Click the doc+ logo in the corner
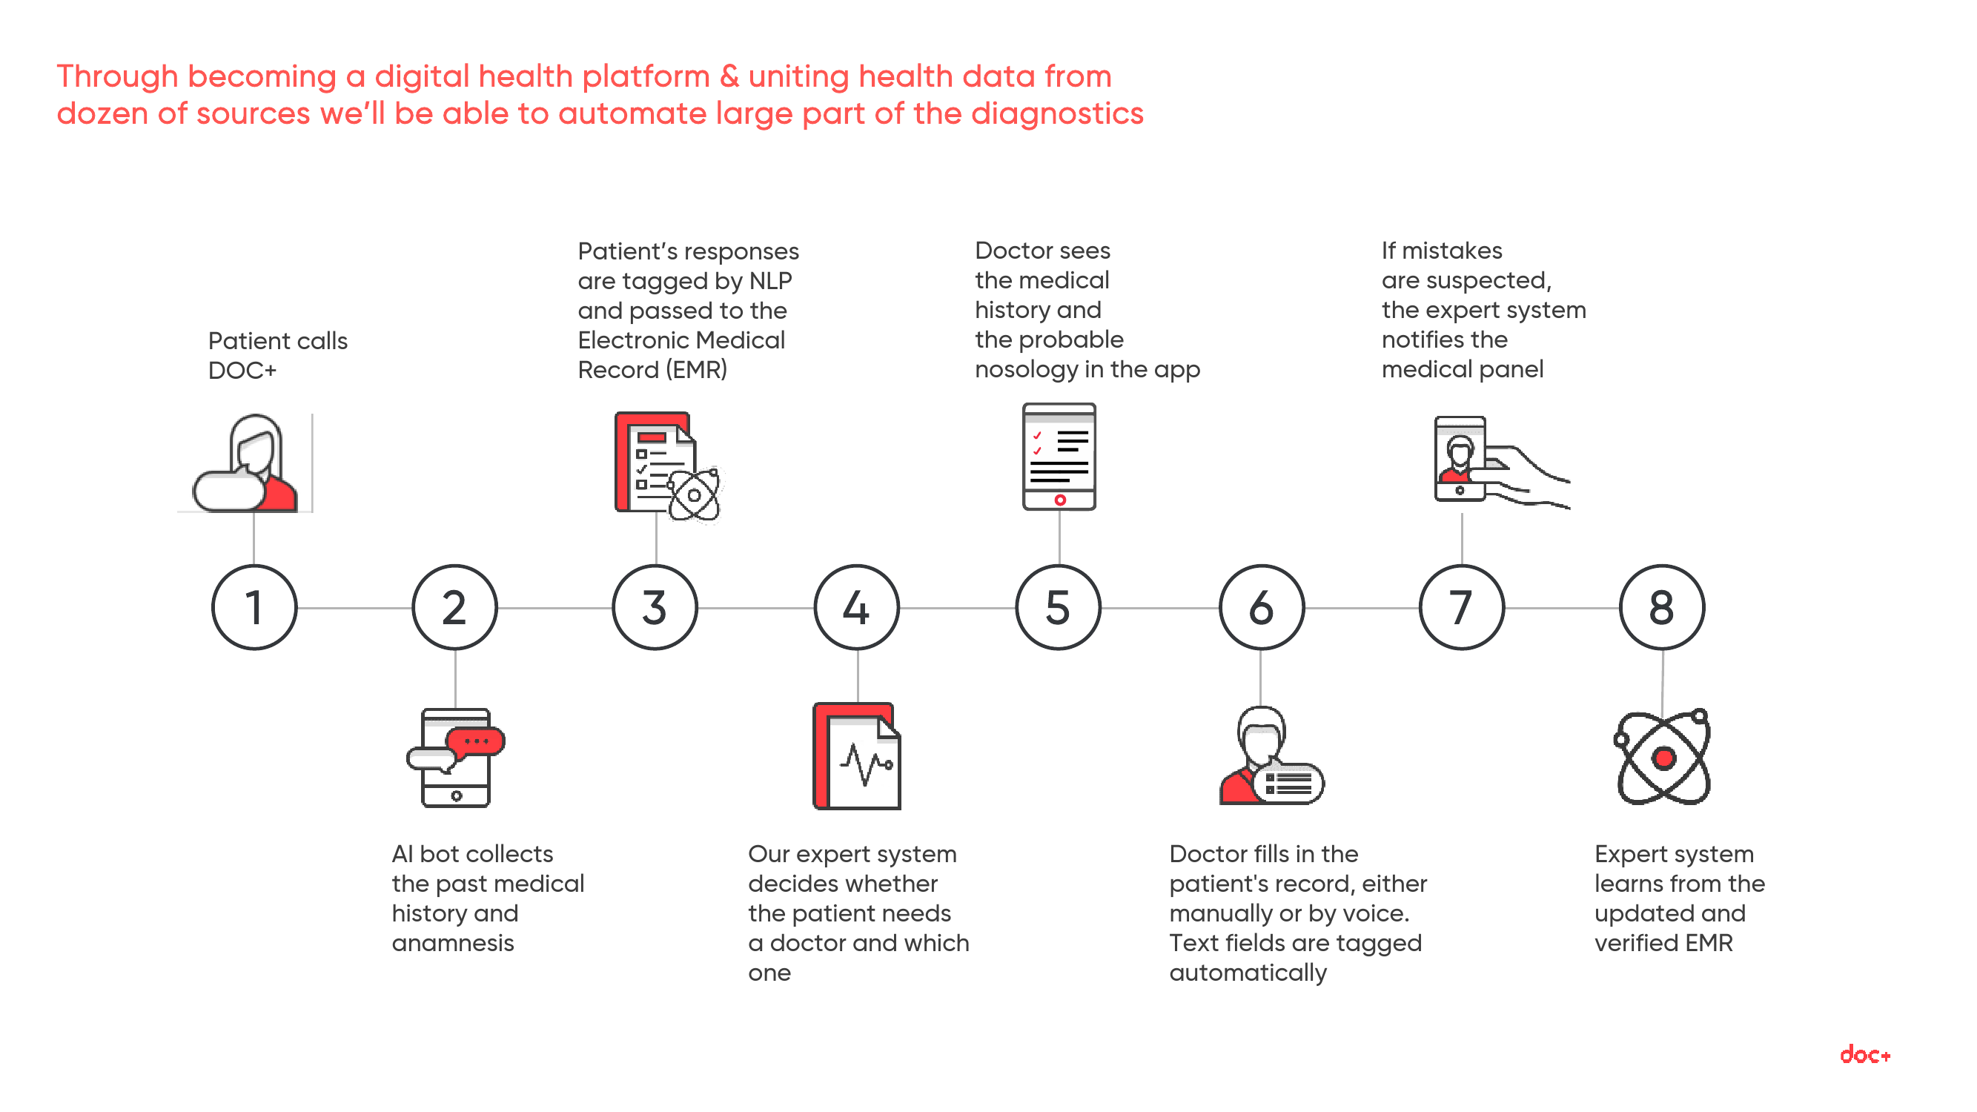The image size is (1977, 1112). coord(1864,1054)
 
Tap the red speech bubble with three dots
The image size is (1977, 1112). coord(475,741)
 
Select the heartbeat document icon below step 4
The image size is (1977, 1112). coord(856,756)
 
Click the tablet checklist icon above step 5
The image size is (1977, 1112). coord(1059,457)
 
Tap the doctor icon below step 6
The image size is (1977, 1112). coord(1271,755)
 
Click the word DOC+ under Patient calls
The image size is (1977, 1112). coord(242,371)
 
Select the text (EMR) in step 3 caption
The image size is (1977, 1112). coord(696,370)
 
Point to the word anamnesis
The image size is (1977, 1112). coord(453,942)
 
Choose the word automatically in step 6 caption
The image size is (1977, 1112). coord(1248,973)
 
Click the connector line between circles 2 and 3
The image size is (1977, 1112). coord(555,608)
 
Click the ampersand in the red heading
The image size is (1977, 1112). coord(729,77)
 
